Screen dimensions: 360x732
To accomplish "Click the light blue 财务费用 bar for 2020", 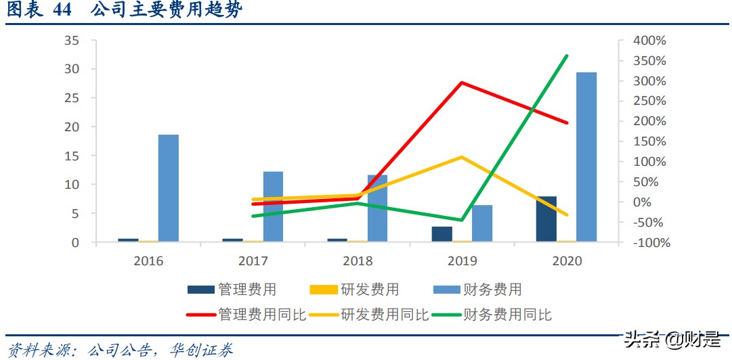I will [x=586, y=157].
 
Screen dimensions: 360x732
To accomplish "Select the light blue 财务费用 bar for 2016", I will [x=169, y=188].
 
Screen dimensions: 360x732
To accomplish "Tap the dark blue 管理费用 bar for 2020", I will [x=546, y=219].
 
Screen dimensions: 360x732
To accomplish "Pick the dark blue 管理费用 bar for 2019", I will [x=442, y=234].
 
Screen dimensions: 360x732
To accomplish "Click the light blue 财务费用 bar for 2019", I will [x=482, y=223].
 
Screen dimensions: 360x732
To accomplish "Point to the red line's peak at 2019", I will [x=461, y=83].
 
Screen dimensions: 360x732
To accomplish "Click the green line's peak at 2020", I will [x=567, y=55].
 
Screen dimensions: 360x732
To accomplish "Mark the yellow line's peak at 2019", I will [x=461, y=157].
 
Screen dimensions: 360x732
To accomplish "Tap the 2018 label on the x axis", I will [x=358, y=261].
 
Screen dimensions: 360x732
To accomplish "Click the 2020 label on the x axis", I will [x=567, y=261].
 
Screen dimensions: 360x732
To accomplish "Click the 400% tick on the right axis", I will [x=649, y=41].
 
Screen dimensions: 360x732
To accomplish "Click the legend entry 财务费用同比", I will [x=507, y=315].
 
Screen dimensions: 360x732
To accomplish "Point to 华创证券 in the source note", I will [x=203, y=350].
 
